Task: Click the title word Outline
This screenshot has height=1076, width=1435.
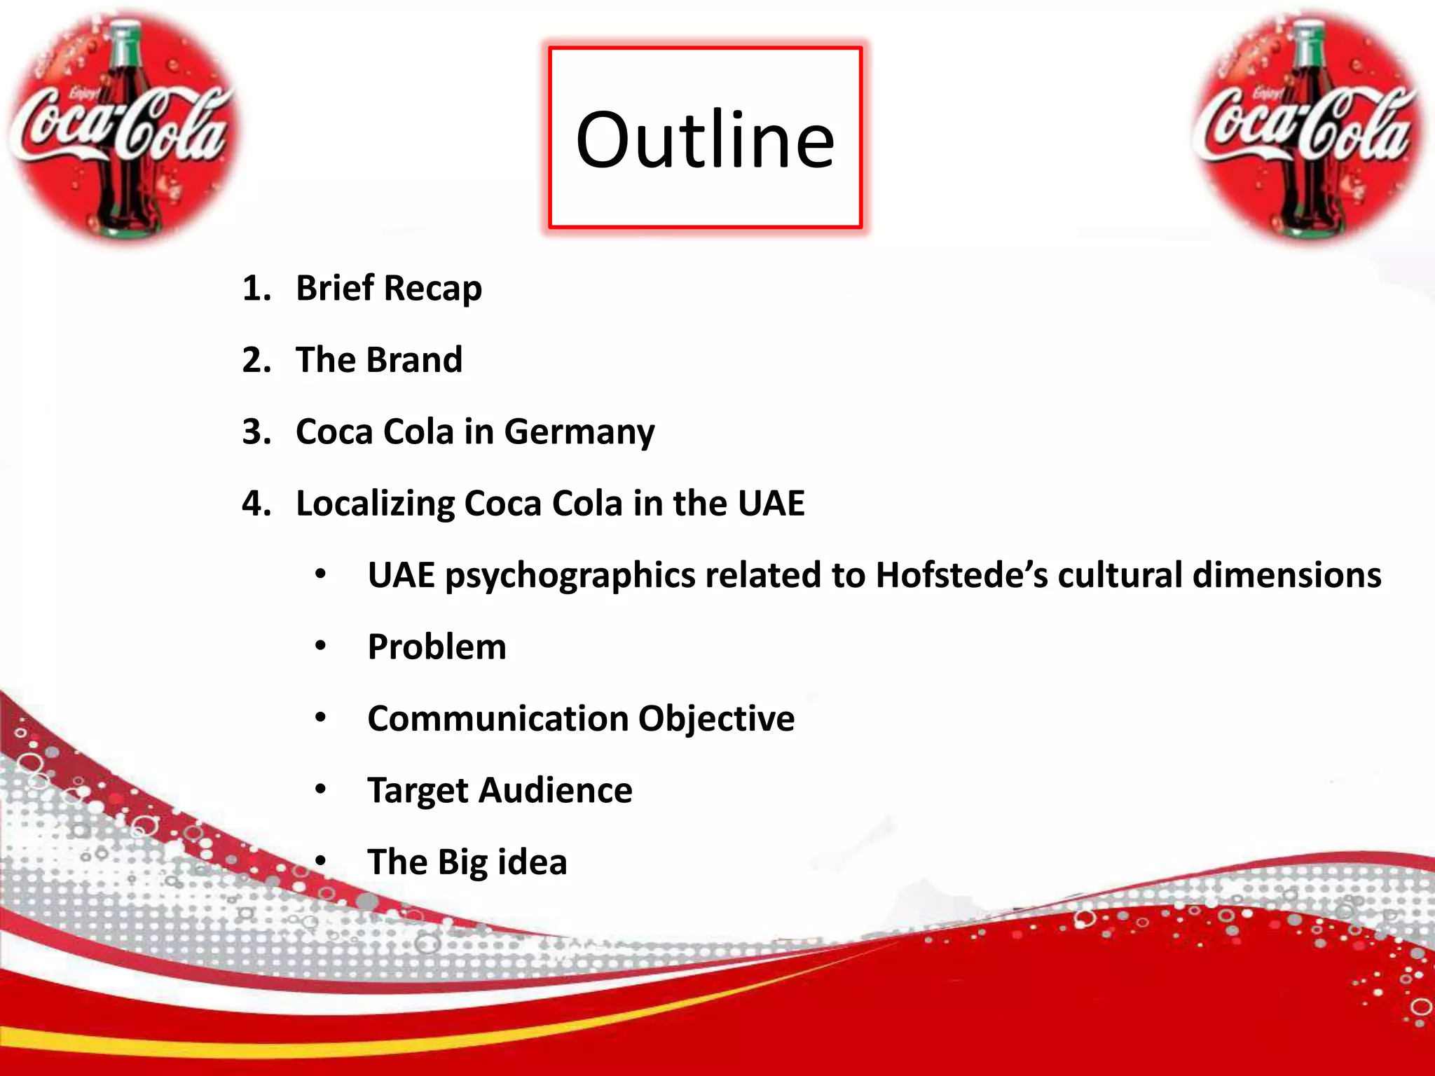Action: click(705, 140)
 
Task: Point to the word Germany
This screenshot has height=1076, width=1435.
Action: click(579, 432)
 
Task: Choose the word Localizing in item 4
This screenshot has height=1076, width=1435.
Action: click(375, 504)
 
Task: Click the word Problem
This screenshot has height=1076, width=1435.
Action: click(437, 647)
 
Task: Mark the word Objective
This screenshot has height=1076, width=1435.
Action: click(716, 719)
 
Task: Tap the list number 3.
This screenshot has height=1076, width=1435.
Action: click(256, 432)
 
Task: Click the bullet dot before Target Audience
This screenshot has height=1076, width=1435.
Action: click(321, 790)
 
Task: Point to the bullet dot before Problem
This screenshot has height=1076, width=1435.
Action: click(321, 646)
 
